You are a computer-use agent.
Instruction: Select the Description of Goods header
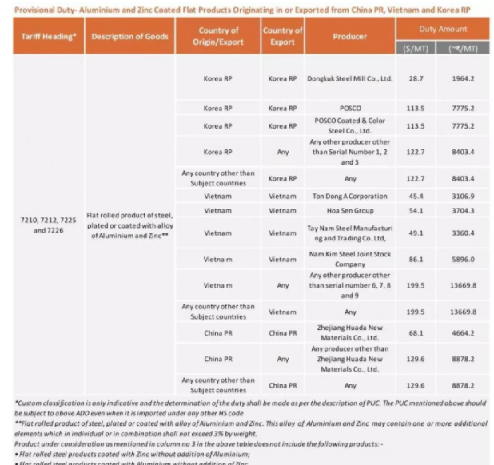pos(129,37)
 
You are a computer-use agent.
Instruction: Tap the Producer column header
pos(349,37)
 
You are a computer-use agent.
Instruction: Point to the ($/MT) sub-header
pos(416,47)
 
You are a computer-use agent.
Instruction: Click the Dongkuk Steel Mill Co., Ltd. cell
pos(349,79)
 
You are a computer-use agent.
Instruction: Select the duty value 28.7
pos(416,79)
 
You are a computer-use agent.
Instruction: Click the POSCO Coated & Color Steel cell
pos(349,125)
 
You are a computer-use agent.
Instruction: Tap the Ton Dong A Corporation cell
pos(349,196)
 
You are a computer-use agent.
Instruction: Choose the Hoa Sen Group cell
pos(349,210)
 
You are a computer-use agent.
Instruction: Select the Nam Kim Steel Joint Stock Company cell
pos(349,259)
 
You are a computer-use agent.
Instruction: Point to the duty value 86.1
pos(416,259)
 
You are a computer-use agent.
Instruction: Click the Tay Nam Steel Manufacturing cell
pos(349,233)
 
